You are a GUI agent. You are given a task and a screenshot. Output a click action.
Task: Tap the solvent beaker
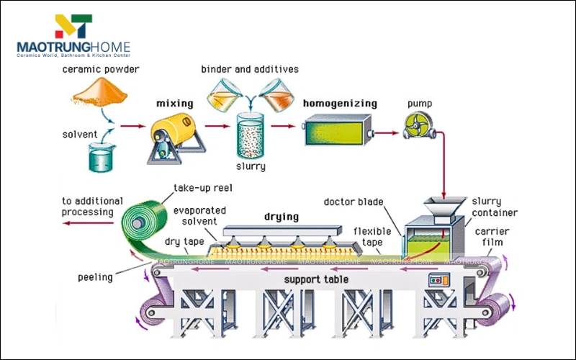(101, 156)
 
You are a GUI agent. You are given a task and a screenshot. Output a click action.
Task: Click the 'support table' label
(316, 279)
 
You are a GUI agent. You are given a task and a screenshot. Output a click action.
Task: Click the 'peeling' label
(95, 276)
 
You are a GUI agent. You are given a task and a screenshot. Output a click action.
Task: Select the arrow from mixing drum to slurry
(215, 126)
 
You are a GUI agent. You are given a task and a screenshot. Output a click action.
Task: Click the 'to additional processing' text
(92, 207)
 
